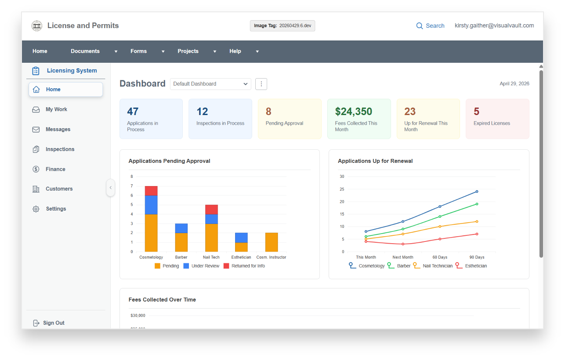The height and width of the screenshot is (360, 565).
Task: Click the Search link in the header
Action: tap(430, 26)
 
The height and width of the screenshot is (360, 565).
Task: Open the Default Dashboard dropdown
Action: tap(210, 84)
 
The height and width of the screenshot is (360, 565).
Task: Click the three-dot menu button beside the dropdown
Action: tap(261, 84)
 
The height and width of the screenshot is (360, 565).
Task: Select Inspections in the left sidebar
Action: tap(60, 149)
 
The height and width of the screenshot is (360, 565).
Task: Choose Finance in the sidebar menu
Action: tap(55, 169)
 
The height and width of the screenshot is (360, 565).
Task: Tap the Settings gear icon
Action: tap(36, 209)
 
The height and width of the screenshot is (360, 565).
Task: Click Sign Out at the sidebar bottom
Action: tap(54, 323)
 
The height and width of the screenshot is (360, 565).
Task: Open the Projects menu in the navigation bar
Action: tap(188, 51)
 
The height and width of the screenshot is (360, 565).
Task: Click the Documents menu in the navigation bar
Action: tap(85, 51)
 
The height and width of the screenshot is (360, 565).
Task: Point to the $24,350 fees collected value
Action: tap(353, 112)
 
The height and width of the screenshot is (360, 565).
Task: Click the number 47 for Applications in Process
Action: tap(133, 112)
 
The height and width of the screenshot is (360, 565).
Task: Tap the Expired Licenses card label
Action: tap(492, 123)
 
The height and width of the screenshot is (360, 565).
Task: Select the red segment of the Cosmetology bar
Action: tap(151, 191)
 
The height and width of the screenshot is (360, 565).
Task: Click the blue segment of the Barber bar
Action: tap(181, 228)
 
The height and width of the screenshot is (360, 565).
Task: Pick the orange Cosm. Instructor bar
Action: tap(272, 242)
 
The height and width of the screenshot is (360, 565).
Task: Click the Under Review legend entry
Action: tap(202, 266)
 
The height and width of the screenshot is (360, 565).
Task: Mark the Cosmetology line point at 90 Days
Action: tap(477, 191)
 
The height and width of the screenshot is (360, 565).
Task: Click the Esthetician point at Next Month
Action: tap(403, 244)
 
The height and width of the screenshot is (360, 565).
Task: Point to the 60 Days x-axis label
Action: tap(440, 257)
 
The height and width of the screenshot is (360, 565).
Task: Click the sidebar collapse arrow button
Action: tap(110, 187)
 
